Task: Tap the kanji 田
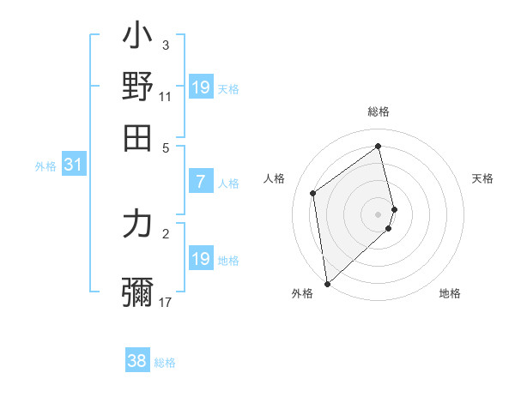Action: (x=138, y=136)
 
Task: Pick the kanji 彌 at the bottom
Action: (x=138, y=291)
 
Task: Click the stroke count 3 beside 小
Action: (x=166, y=45)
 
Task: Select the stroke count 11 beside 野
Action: (x=166, y=96)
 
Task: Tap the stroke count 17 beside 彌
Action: (x=166, y=302)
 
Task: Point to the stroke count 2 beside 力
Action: (x=166, y=232)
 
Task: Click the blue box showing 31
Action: (x=73, y=165)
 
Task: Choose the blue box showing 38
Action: (x=136, y=361)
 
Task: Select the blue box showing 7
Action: (x=200, y=182)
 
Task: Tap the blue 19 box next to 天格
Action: (x=200, y=87)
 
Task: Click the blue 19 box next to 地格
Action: (x=200, y=259)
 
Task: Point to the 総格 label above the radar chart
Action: (x=379, y=111)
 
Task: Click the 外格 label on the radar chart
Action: (x=302, y=293)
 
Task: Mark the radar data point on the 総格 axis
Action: (x=379, y=146)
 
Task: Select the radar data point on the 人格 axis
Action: (x=313, y=193)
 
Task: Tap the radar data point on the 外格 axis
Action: (x=327, y=283)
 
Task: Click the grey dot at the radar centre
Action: (x=379, y=214)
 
